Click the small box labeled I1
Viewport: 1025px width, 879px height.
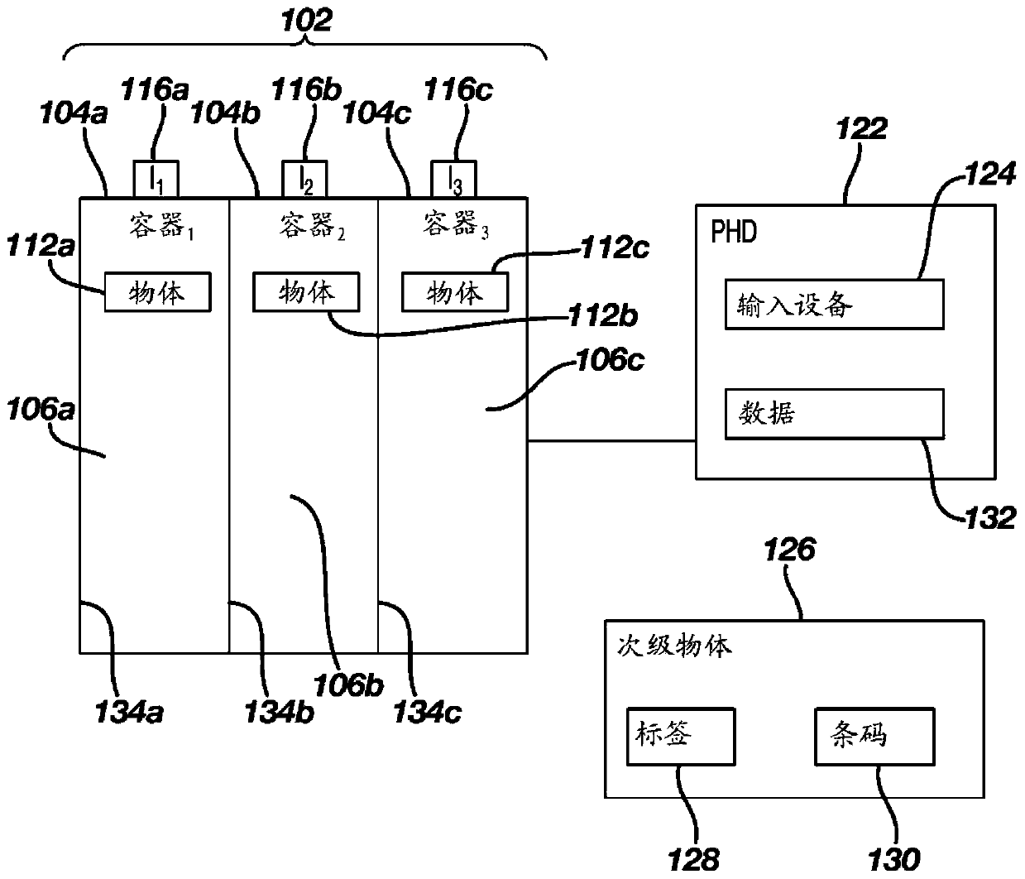tap(156, 179)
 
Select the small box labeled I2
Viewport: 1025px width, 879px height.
tap(304, 179)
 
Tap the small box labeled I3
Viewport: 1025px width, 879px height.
tap(453, 179)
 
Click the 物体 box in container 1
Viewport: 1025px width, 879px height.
tap(158, 291)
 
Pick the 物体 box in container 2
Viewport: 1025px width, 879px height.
tap(306, 291)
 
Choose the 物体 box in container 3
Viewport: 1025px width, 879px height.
tap(455, 291)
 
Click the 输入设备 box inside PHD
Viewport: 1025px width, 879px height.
tap(835, 304)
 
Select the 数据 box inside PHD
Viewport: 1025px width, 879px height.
tap(835, 414)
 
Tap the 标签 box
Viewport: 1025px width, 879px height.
tap(681, 736)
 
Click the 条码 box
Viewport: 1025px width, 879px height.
tap(874, 736)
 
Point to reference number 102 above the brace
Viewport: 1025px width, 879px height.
tap(306, 21)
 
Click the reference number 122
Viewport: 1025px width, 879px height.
tap(861, 128)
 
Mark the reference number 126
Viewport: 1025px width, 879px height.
tap(789, 549)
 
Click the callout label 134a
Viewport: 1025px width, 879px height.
tap(129, 713)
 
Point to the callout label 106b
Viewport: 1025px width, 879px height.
tap(348, 685)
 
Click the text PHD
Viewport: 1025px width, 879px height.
tap(734, 232)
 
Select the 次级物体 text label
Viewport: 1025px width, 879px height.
tap(674, 646)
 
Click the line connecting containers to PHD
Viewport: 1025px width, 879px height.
tap(611, 440)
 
